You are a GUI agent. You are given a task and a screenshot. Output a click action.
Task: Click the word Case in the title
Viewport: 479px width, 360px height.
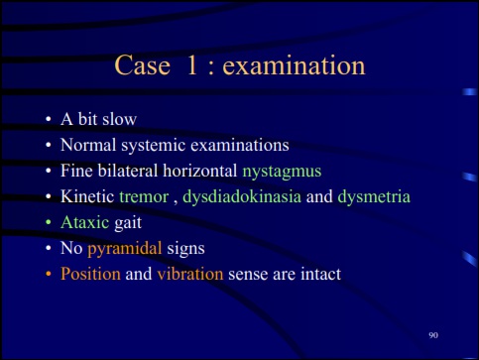[x=143, y=67]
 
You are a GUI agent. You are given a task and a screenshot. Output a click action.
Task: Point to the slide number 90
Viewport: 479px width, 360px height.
[x=433, y=336]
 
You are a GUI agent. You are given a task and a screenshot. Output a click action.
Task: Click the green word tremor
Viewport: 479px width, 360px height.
[x=143, y=196]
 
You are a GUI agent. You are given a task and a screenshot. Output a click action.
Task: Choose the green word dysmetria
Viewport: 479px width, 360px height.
[x=374, y=196]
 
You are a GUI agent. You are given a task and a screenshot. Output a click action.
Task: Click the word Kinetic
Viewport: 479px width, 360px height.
[x=87, y=196]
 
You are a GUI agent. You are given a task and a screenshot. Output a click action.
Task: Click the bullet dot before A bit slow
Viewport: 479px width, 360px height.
[x=47, y=120]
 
